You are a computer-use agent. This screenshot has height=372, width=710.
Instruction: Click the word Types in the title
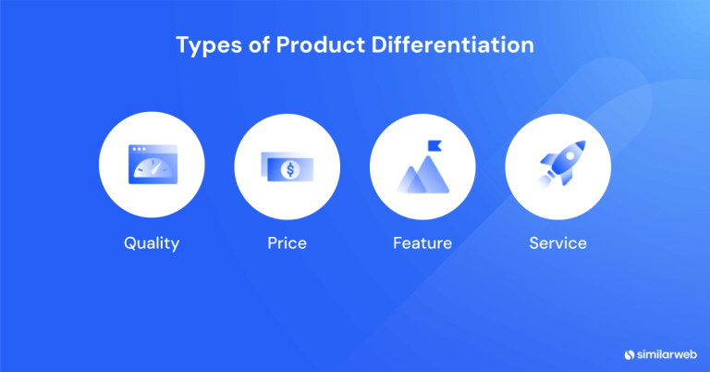(206, 45)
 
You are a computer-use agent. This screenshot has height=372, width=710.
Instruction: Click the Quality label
(152, 244)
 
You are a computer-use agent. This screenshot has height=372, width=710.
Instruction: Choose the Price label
(287, 244)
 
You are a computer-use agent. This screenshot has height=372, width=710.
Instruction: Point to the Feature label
(422, 244)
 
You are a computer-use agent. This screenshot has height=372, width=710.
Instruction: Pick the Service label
(557, 244)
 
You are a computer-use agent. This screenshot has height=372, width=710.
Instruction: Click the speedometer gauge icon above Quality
(152, 168)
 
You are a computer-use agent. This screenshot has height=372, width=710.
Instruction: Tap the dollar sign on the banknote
(291, 170)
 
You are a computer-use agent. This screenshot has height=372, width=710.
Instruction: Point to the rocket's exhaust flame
(545, 181)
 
